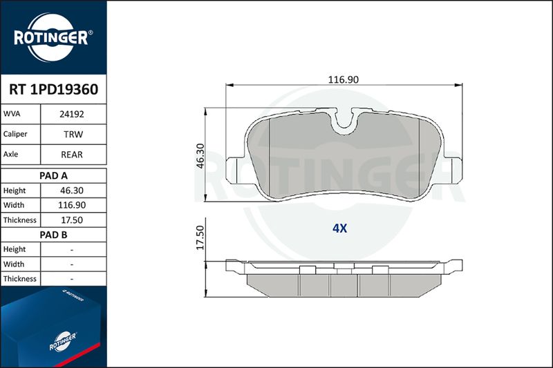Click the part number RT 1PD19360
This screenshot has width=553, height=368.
54,90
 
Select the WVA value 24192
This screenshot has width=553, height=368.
72,114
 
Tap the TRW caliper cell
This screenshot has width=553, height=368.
73,135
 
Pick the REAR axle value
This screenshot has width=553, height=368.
72,155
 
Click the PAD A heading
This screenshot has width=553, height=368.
53,176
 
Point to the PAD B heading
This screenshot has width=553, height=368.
53,235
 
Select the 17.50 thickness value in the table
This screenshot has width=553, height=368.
72,220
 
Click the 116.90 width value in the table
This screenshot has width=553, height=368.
72,205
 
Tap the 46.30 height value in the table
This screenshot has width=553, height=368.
72,191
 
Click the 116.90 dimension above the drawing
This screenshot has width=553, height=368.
343,79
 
